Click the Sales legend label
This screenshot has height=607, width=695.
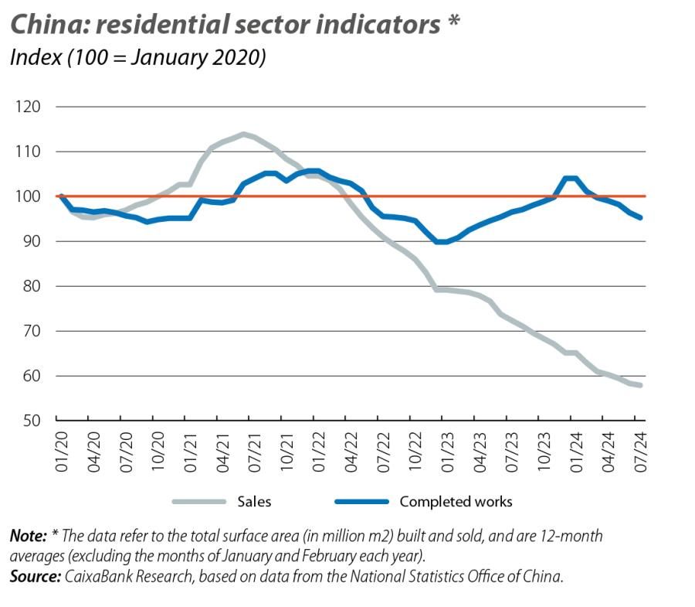pyautogui.click(x=254, y=502)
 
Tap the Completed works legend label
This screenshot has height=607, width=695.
pyautogui.click(x=456, y=502)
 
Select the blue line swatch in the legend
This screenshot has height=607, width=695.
pyautogui.click(x=361, y=502)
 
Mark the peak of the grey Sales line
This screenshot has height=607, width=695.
pyautogui.click(x=243, y=134)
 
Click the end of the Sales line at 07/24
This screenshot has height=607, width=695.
pyautogui.click(x=640, y=385)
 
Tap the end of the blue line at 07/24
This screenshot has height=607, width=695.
pyautogui.click(x=640, y=217)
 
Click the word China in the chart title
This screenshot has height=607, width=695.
pyautogui.click(x=43, y=25)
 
